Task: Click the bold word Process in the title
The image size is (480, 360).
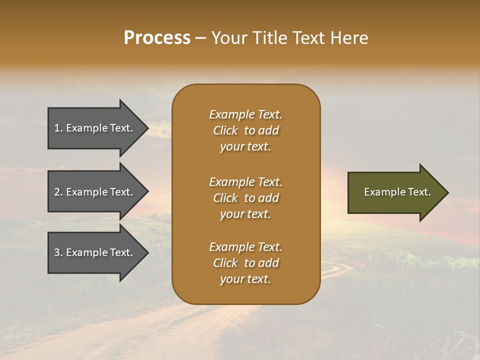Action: pos(157,38)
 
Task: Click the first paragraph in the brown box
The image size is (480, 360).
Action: pos(245,130)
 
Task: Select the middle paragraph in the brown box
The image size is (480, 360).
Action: pos(245,198)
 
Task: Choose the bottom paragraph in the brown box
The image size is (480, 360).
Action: pos(245,263)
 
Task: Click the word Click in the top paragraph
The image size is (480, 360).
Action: pos(225,130)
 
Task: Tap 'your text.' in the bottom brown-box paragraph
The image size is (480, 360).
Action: pos(245,279)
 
